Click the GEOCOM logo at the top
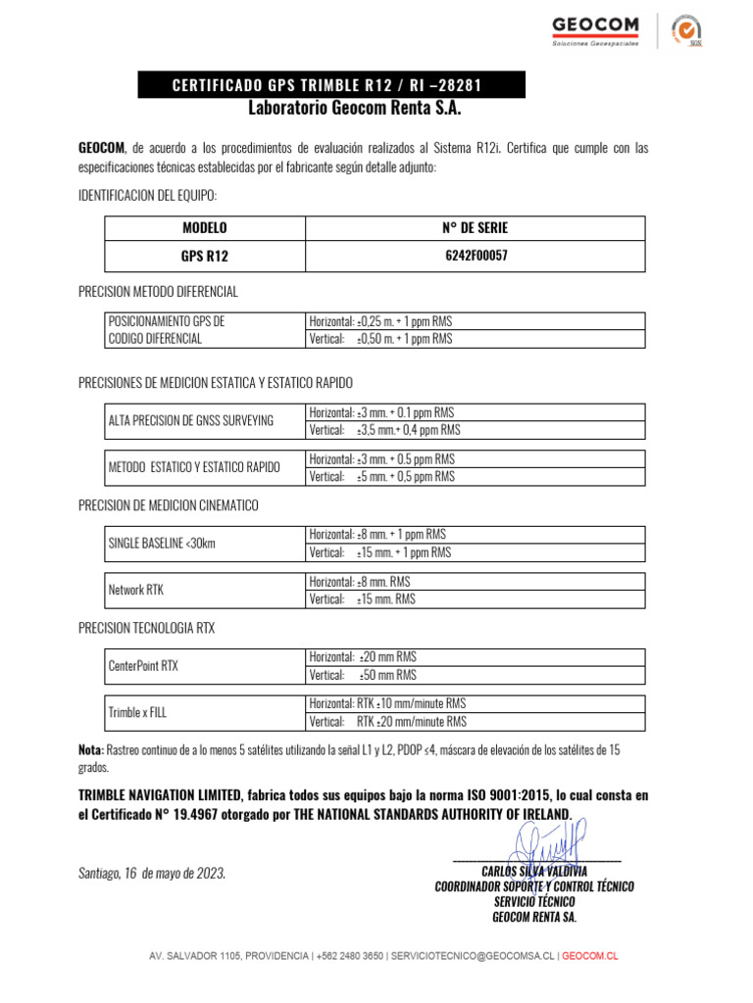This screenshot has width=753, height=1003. tap(595, 29)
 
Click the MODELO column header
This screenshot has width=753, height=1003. tap(205, 228)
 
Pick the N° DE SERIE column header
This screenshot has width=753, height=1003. tap(476, 228)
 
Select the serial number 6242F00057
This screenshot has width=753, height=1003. tap(476, 256)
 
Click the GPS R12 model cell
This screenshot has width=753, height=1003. tap(205, 257)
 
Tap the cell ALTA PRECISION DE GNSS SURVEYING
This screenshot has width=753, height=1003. tap(191, 421)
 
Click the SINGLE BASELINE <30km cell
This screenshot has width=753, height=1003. tap(162, 543)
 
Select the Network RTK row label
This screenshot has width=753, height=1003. tap(136, 590)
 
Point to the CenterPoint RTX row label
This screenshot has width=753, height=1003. tap(143, 666)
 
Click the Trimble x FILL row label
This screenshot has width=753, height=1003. tap(137, 712)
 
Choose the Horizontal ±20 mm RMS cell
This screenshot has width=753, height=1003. tap(363, 657)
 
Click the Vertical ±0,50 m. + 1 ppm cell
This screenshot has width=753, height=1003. tap(380, 339)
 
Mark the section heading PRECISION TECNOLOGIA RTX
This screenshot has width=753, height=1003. tap(146, 628)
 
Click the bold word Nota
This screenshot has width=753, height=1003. tap(90, 749)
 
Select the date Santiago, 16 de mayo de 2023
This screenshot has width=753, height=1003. tap(152, 873)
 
